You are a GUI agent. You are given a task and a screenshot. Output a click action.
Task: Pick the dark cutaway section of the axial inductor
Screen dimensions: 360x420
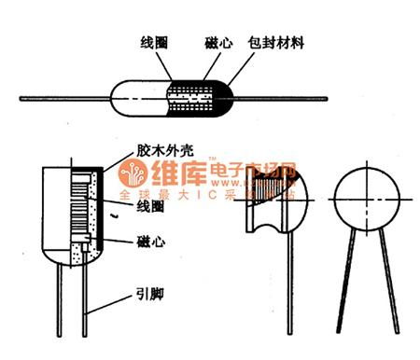point(197,97)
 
